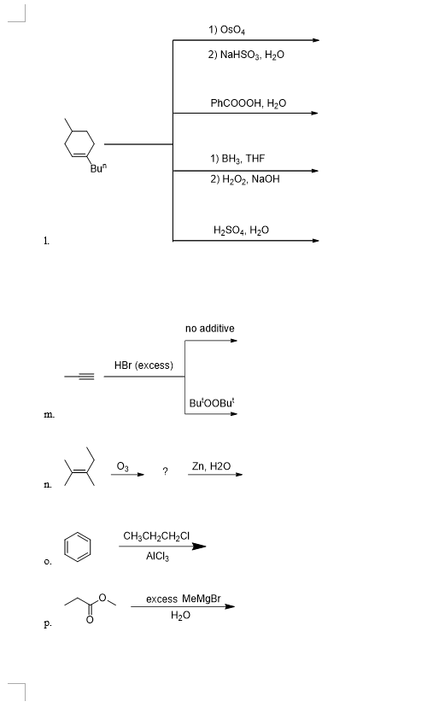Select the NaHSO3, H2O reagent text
coord(246,54)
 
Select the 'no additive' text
coord(209,328)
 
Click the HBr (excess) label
coord(143,365)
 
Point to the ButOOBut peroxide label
coord(210,402)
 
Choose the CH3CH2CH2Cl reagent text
coord(156,536)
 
